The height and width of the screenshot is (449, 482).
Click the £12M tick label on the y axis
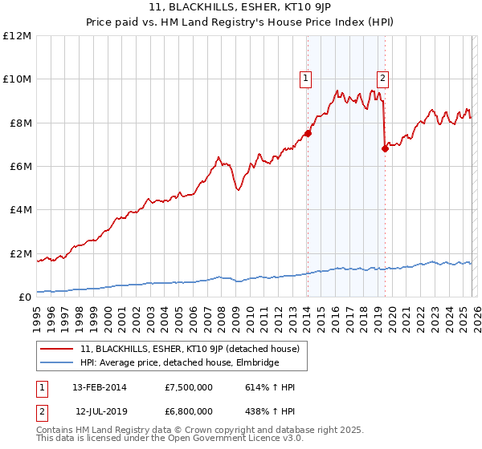tap(17, 36)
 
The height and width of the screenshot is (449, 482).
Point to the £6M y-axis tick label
tap(19, 167)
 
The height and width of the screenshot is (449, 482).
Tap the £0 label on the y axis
tap(25, 297)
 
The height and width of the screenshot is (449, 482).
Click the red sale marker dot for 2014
tap(308, 133)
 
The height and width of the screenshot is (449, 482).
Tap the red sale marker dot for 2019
tap(385, 148)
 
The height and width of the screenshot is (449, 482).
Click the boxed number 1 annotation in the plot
tap(306, 79)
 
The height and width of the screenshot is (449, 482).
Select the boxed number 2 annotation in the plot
tap(382, 79)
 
